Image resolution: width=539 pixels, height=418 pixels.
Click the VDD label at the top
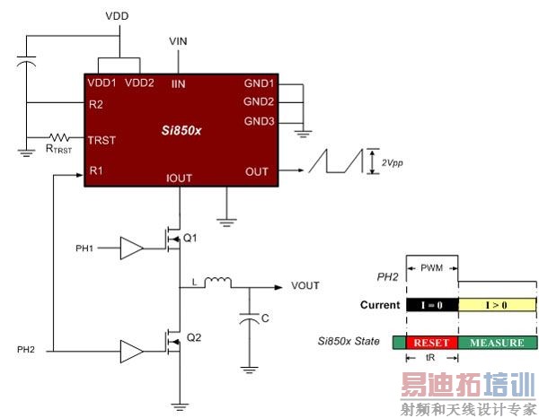click(118, 16)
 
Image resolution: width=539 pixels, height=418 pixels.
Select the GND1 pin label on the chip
click(260, 83)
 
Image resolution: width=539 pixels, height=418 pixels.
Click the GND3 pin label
click(260, 121)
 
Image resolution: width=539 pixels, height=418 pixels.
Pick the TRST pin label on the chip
click(102, 140)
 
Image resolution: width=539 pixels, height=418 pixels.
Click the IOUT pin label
click(180, 178)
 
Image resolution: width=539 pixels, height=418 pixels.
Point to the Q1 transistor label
click(190, 239)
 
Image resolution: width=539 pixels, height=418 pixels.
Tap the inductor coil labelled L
click(217, 284)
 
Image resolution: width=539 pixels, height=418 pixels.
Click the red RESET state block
click(431, 342)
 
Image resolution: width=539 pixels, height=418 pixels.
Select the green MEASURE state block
click(497, 342)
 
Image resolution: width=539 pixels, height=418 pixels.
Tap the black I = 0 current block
click(431, 305)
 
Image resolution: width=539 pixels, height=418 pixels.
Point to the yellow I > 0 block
click(497, 305)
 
